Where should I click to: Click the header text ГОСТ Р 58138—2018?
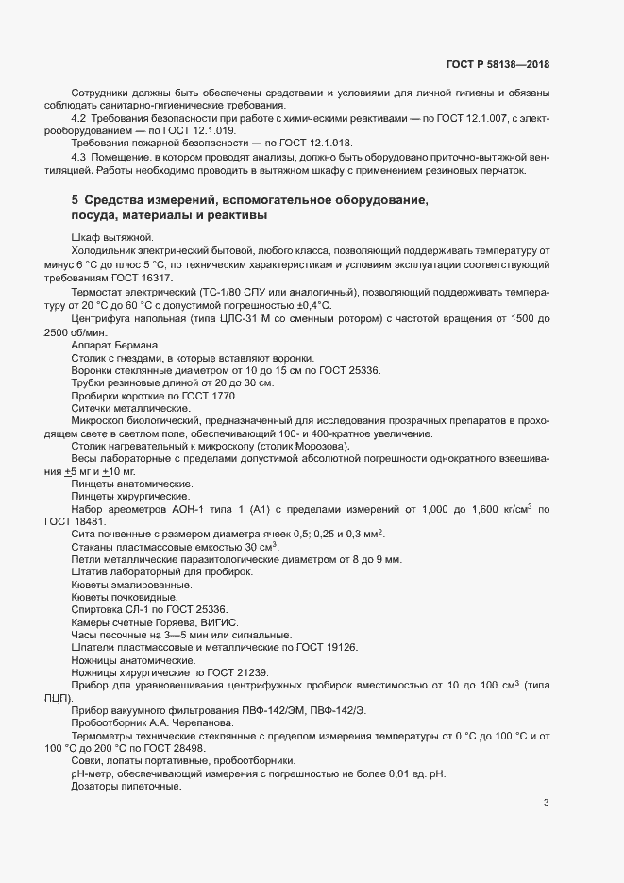click(498, 65)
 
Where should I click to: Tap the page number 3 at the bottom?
click(546, 803)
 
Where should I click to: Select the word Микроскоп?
click(96, 421)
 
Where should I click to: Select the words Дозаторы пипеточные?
click(126, 787)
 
